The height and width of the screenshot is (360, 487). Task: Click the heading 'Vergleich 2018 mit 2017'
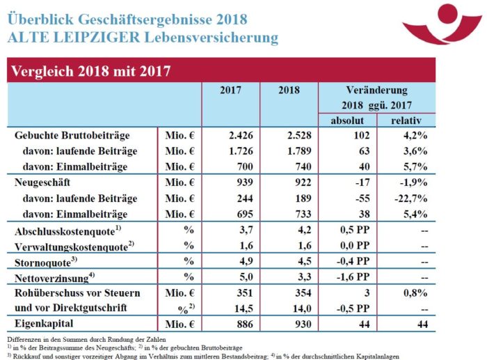point(88,71)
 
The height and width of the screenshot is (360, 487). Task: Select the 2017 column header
point(230,91)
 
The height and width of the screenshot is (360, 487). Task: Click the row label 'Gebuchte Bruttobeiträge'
point(76,136)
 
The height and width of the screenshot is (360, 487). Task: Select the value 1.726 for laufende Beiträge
point(230,150)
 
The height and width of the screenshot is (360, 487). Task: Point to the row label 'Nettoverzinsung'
point(56,278)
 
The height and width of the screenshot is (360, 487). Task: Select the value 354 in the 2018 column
point(292,293)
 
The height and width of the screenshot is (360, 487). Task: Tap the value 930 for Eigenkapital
point(292,324)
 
